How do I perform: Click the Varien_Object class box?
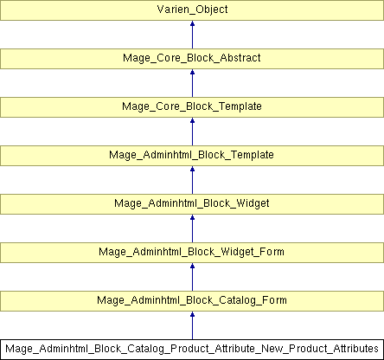point(192,10)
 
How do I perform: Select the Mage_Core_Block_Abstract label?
point(192,58)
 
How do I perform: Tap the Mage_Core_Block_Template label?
point(192,106)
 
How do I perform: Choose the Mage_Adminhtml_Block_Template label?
point(191,155)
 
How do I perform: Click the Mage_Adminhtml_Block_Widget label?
point(192,203)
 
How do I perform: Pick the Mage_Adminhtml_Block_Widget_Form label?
point(192,252)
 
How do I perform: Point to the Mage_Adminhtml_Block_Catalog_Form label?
point(192,300)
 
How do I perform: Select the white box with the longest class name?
point(192,350)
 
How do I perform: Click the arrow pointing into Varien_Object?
point(192,35)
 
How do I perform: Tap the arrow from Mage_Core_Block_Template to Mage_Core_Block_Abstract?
point(192,83)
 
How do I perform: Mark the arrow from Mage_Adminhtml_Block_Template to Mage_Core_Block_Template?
point(192,132)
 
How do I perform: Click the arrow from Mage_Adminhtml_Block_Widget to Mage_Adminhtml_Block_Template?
point(192,180)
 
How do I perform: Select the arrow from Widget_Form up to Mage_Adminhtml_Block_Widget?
point(192,228)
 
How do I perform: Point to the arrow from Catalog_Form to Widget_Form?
point(192,277)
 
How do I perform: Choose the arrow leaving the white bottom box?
point(192,325)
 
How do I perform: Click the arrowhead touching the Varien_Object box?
point(192,23)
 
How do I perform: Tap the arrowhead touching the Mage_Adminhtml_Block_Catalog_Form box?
point(192,314)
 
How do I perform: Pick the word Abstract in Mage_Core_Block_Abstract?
point(240,58)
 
